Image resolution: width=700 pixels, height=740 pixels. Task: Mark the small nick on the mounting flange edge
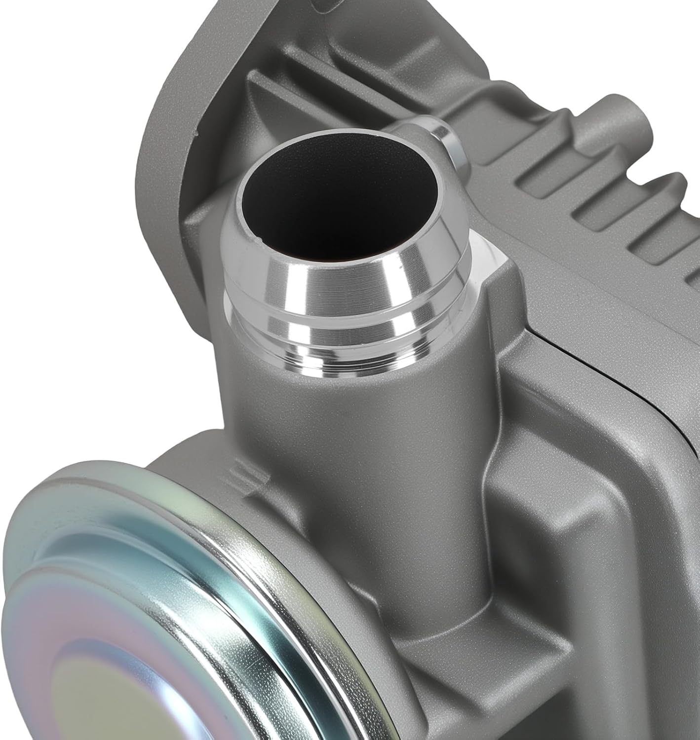click(x=196, y=133)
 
